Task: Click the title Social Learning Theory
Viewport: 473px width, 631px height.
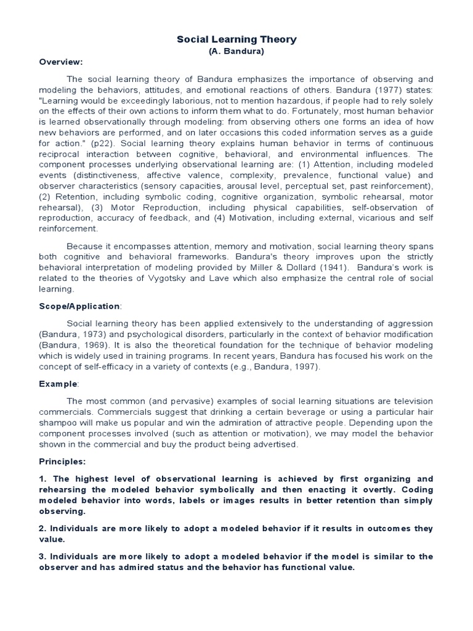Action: point(236,39)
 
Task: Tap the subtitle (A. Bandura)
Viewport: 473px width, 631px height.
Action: point(236,51)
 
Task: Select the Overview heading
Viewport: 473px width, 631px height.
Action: point(61,62)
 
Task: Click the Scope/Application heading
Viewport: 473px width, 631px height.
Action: point(80,306)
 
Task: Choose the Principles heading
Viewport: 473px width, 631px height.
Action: point(62,461)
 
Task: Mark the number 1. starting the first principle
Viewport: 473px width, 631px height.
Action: point(43,479)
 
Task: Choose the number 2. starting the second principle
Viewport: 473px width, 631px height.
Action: point(43,529)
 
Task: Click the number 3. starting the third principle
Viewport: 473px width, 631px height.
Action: point(43,556)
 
